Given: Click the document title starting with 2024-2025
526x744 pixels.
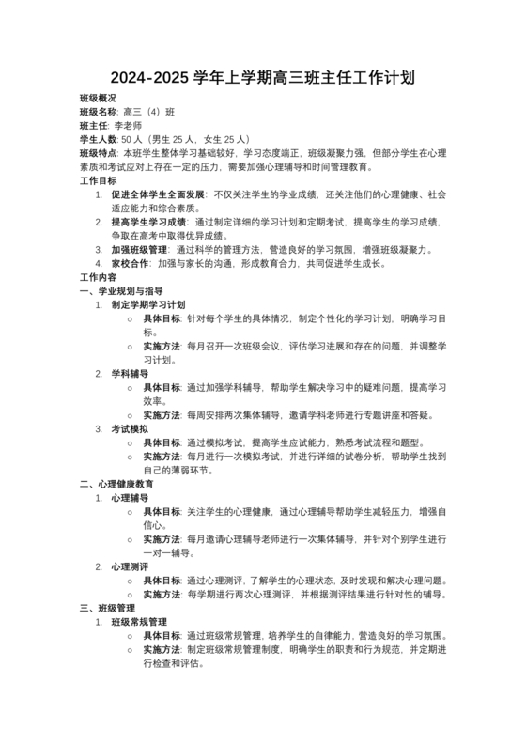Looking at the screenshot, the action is point(263,77).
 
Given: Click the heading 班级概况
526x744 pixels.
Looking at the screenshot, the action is point(99,98).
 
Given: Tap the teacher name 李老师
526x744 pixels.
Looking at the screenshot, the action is point(128,125).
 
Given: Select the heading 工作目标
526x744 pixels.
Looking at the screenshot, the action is point(99,180).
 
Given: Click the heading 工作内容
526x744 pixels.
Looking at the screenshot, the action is point(99,278).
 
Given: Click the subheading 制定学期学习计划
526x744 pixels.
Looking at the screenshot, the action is point(148,305).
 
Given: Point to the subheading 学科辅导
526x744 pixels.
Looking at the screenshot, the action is point(130,374).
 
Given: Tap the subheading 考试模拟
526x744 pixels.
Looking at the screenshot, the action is point(130,429).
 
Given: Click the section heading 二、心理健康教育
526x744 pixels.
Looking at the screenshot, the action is point(116,484).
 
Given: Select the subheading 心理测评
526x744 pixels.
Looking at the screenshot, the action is point(130,566).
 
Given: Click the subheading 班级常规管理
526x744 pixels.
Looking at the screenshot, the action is point(139,622).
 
